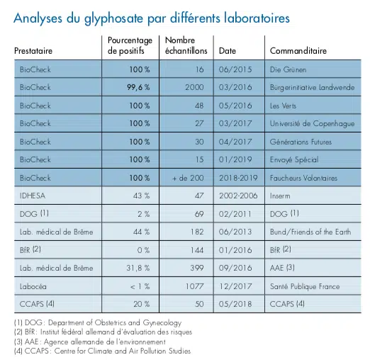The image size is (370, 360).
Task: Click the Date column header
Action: click(228, 51)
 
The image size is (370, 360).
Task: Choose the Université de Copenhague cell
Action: click(309, 123)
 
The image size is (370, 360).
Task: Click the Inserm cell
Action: click(282, 196)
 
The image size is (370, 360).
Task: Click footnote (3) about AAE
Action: click(93, 342)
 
